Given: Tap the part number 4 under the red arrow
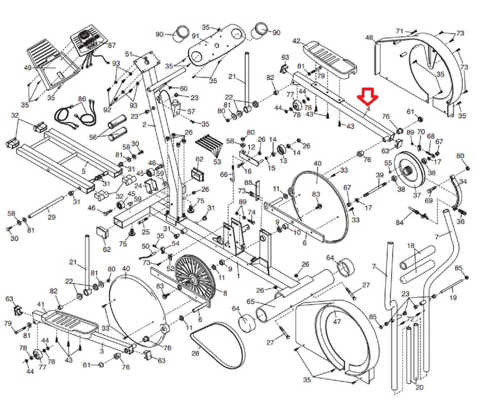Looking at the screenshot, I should point(368,109).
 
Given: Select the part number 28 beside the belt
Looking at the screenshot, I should point(195,353).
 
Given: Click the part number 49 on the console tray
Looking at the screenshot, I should point(28,68).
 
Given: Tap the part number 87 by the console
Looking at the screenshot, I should point(112,45).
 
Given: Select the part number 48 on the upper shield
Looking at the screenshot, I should point(369,38).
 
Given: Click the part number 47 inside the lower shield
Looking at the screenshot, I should point(337,321).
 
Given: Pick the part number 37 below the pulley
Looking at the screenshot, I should point(417,195).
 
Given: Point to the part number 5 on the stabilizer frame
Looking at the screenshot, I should point(84,171).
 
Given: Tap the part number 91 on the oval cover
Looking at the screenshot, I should point(196,36).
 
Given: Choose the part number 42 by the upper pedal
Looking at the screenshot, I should point(296,41).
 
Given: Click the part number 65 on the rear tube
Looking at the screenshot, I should point(251,301).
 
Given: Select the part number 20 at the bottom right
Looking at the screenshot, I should point(419,387).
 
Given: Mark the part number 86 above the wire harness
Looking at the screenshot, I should point(82,99).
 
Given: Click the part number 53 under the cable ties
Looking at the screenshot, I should point(217,162).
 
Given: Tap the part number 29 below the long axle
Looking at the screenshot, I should point(52,217).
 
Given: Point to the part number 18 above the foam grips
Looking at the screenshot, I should point(410,246).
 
